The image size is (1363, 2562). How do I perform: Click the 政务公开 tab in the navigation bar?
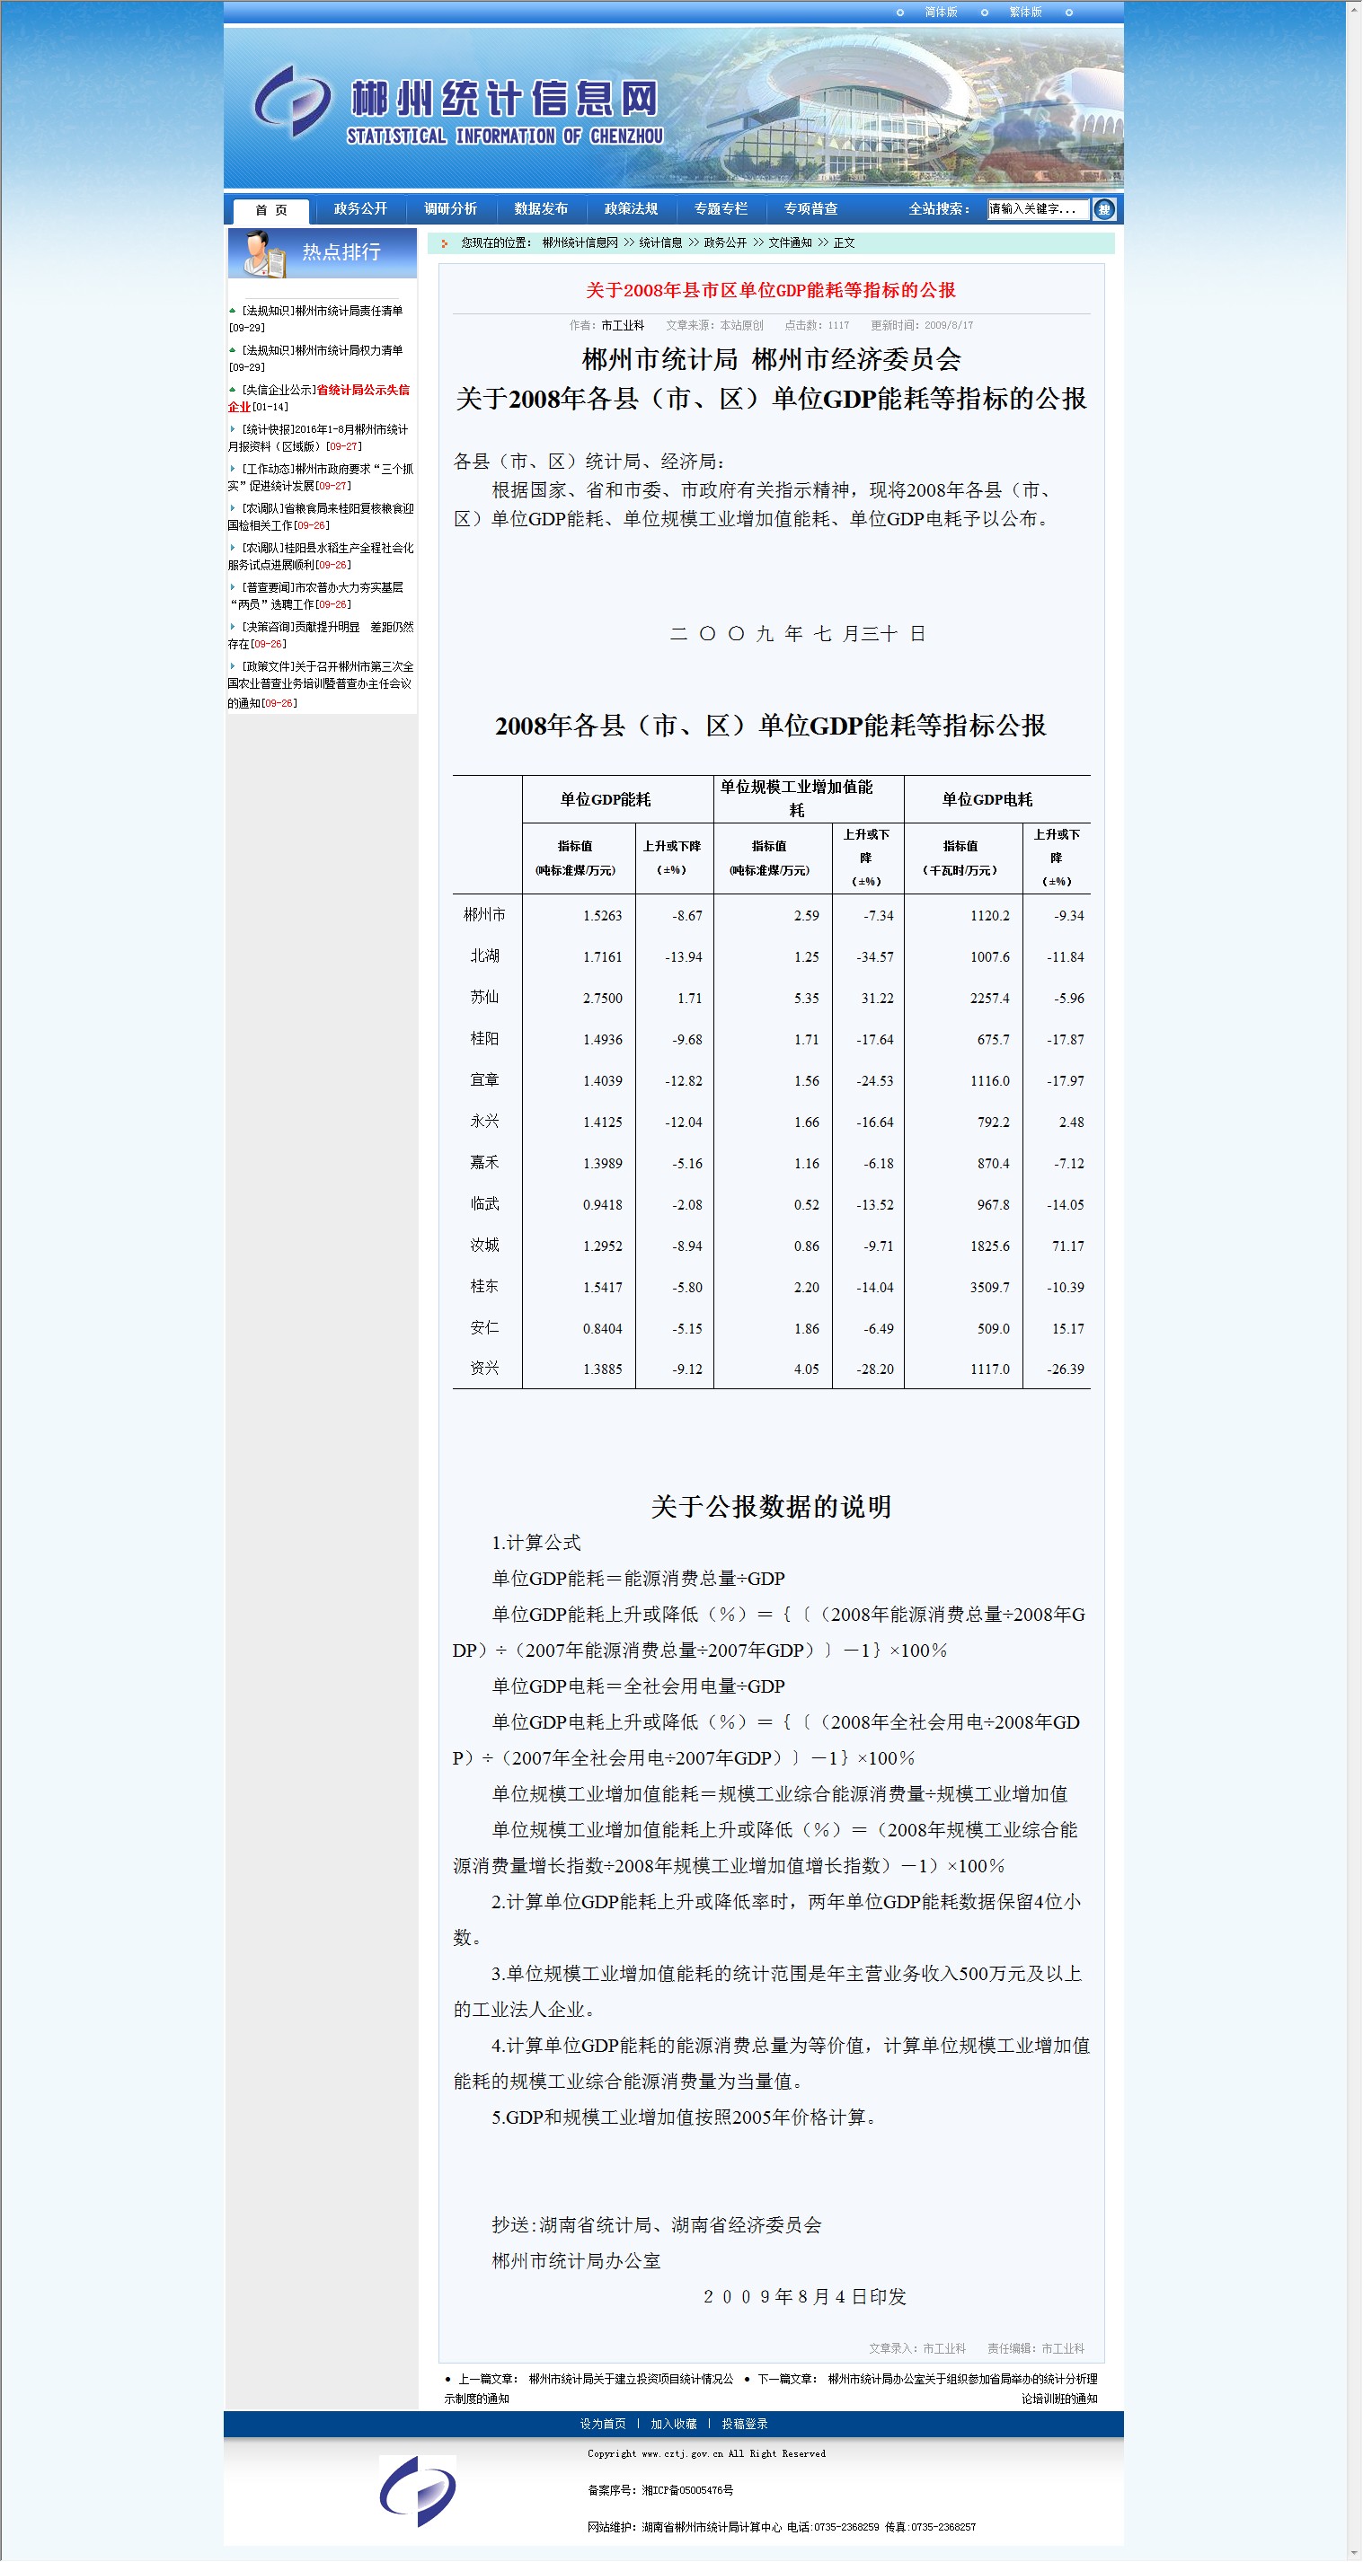[x=360, y=209]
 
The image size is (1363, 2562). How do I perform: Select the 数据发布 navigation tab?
[x=540, y=209]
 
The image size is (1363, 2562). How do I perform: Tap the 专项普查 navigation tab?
[x=810, y=209]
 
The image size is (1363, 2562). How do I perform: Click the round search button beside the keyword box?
[x=1103, y=209]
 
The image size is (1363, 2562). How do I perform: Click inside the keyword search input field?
[x=1036, y=209]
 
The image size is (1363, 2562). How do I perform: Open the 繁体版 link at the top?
[x=1025, y=12]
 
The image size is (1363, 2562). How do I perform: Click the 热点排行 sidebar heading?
[x=341, y=252]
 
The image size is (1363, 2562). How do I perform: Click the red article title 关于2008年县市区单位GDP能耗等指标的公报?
[x=770, y=290]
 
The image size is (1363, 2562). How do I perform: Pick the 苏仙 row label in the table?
[x=484, y=997]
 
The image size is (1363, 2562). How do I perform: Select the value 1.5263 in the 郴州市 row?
[x=602, y=915]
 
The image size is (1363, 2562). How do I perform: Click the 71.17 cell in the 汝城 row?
[x=1067, y=1246]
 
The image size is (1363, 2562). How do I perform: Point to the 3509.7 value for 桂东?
[x=989, y=1287]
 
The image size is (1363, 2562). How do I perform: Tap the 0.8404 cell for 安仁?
[x=602, y=1328]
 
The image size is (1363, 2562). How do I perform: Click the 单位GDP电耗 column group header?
[x=987, y=799]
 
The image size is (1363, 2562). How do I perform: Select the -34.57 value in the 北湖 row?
[x=874, y=956]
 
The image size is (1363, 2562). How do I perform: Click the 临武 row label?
[x=484, y=1203]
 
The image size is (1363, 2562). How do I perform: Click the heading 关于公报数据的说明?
[x=770, y=1507]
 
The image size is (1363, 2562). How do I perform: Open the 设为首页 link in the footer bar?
[x=603, y=2424]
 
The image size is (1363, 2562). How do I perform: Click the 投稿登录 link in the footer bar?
[x=744, y=2424]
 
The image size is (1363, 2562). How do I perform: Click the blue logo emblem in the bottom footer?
[x=418, y=2490]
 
